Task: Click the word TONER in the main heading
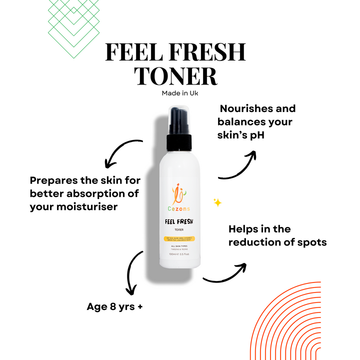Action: pyautogui.click(x=177, y=76)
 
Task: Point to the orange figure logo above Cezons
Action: pyautogui.click(x=179, y=193)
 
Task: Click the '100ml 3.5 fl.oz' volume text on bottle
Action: pyautogui.click(x=179, y=254)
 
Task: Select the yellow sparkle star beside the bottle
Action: pyautogui.click(x=217, y=202)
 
